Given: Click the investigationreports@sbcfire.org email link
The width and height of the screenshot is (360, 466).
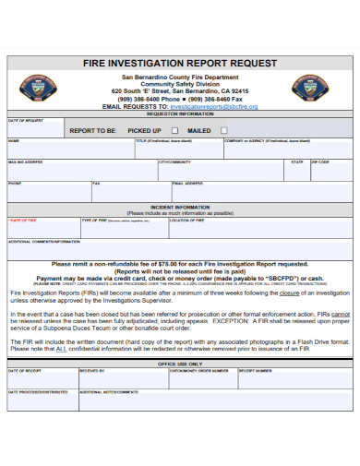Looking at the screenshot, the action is coord(214,107).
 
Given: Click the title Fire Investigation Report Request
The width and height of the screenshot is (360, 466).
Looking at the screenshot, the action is coord(179,64).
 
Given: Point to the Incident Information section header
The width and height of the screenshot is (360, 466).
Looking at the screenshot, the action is coord(180,207).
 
